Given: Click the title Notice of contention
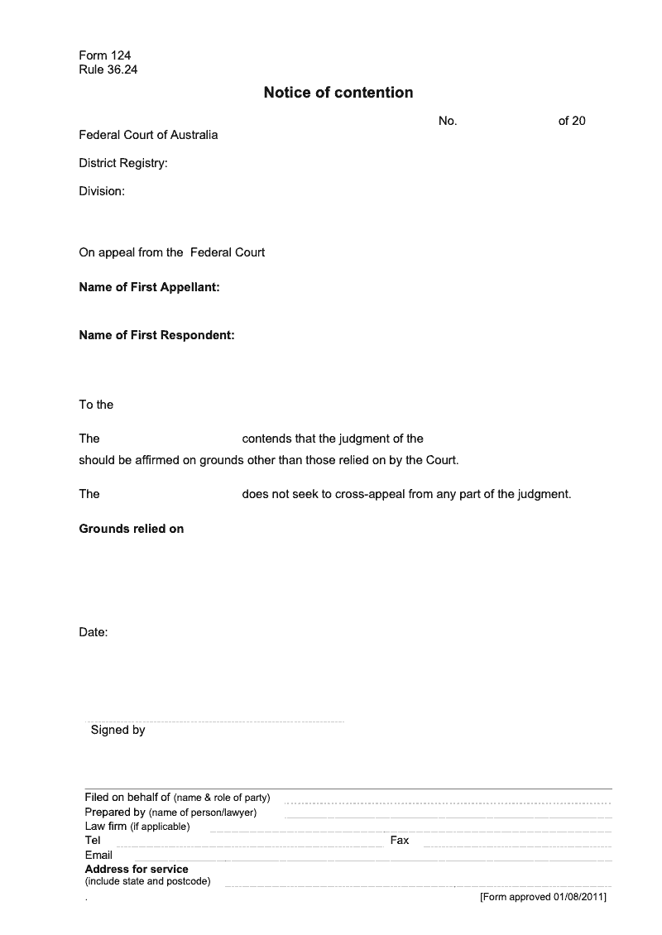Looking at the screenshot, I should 338,93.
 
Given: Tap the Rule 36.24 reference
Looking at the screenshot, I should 108,70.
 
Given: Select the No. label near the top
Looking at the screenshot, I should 448,121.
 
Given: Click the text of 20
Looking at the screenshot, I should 572,121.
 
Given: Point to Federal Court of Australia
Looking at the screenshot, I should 148,135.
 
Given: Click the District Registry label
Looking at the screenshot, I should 123,163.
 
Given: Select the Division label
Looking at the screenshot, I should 102,191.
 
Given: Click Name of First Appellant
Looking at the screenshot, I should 149,288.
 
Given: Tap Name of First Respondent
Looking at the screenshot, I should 156,335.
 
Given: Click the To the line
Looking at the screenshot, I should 96,405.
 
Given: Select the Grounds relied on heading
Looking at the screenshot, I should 131,529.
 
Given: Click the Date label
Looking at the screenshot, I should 94,632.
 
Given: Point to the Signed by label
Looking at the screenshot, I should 118,730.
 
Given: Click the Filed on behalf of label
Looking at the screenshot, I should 127,797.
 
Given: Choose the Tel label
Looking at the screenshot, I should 93,840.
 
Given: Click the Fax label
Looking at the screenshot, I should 400,840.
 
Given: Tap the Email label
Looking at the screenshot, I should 98,855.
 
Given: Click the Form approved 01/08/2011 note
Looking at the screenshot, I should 543,897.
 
